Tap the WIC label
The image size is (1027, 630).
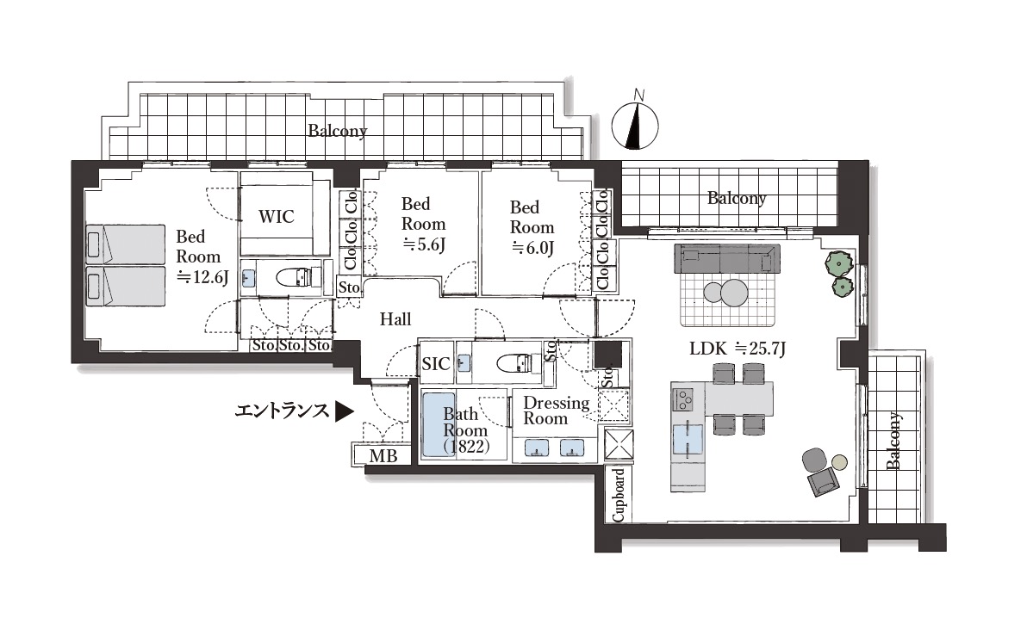point(277,217)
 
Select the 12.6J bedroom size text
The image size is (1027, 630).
point(202,277)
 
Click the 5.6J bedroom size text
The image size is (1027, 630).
point(423,244)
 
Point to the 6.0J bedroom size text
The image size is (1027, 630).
point(532,248)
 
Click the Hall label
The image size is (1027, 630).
point(395,319)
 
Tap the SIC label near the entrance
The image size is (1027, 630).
point(436,364)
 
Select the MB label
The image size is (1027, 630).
point(383,455)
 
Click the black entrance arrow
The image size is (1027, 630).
point(345,411)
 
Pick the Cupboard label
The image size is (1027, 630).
point(619,495)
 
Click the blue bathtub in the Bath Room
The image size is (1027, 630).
point(439,425)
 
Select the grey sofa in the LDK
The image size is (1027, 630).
point(727,258)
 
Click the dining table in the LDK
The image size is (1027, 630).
point(738,398)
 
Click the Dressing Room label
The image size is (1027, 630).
point(556,411)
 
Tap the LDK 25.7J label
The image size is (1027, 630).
point(738,349)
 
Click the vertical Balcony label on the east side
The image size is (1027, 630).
point(893,441)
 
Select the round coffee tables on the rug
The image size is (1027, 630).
point(726,292)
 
